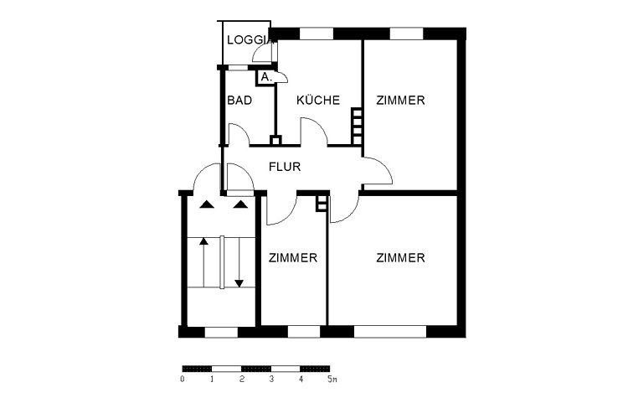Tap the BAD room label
coord(239,101)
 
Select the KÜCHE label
coord(318,100)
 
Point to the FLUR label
coord(285,167)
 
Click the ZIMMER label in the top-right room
coord(400,101)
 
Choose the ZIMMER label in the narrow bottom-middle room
coord(293,258)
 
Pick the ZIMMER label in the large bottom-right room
coord(400,258)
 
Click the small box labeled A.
coord(265,77)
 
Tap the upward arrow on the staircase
coord(203,262)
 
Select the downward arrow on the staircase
coord(239,262)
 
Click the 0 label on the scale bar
coord(183,380)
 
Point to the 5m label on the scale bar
coord(332,380)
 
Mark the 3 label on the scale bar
coord(271,380)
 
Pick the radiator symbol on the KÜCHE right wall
coord(357,127)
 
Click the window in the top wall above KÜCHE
coord(317,34)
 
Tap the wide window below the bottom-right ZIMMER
coord(390,332)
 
